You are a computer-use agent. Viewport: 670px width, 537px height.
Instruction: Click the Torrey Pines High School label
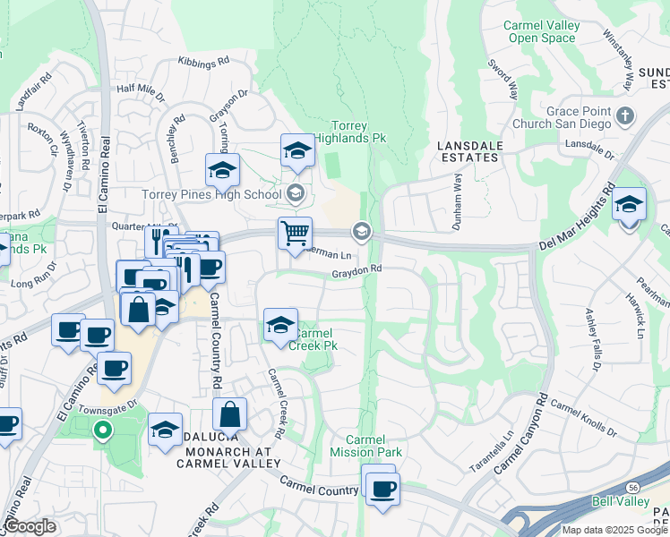[x=211, y=194]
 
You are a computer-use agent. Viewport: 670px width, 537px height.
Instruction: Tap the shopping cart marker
[x=295, y=234]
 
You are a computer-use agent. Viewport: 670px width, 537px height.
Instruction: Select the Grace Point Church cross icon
[x=625, y=115]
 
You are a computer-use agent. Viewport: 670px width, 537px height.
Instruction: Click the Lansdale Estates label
[x=468, y=150]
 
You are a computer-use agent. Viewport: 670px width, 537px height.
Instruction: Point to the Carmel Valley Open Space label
[x=539, y=32]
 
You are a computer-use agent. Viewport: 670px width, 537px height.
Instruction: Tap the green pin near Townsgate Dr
[x=103, y=431]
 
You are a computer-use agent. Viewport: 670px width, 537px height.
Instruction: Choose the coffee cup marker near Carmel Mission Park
[x=382, y=489]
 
